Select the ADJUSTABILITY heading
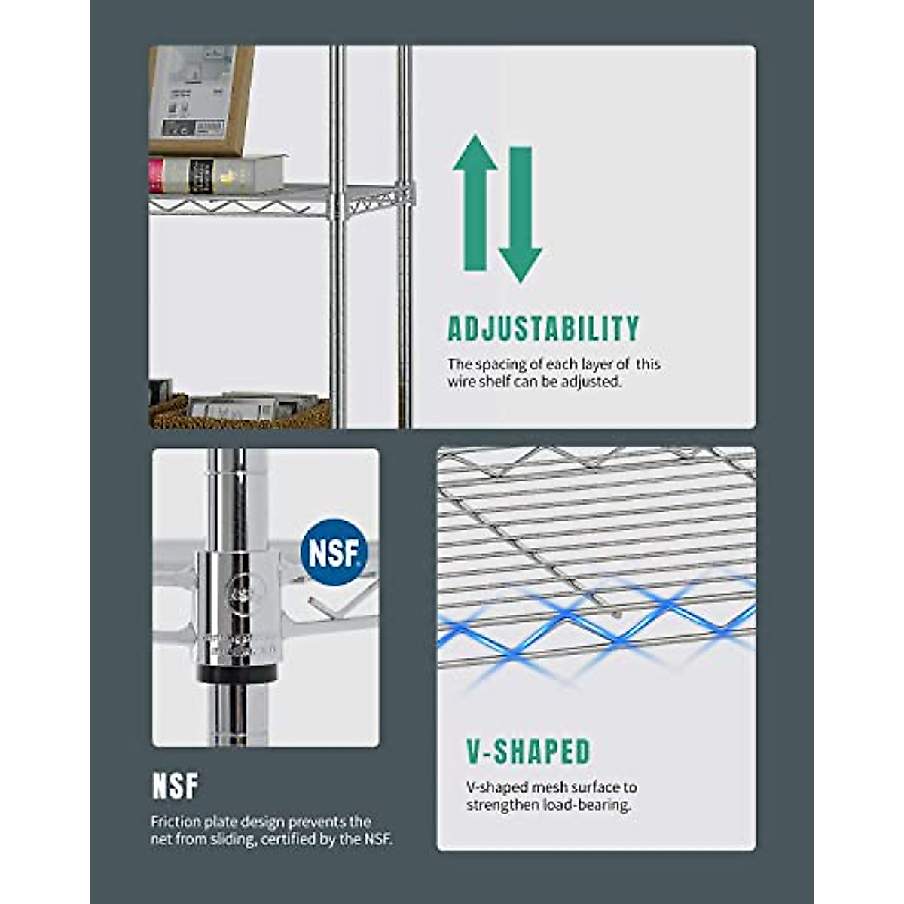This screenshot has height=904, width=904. [543, 329]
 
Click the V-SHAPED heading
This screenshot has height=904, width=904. [528, 752]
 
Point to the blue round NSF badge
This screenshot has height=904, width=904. [334, 552]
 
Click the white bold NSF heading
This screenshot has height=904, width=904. [176, 786]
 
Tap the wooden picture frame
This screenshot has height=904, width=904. [200, 98]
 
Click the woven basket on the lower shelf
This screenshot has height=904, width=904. [169, 413]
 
